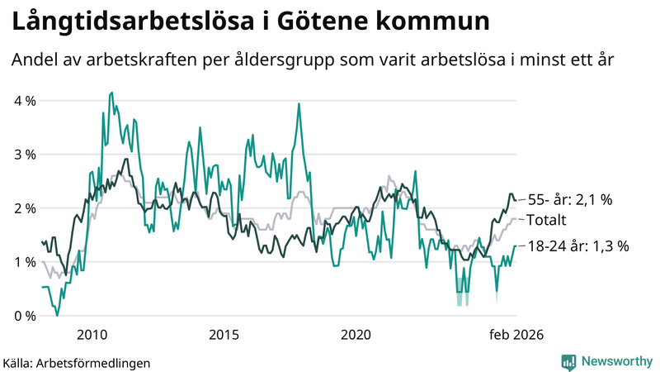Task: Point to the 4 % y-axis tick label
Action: coord(25,101)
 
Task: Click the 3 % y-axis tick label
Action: coord(25,155)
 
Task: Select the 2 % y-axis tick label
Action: coord(25,208)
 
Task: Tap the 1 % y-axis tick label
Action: coord(25,262)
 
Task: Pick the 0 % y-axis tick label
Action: coord(25,316)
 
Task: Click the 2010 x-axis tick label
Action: coord(92,335)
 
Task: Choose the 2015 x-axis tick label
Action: coord(224,335)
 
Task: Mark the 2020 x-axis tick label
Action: coord(356,335)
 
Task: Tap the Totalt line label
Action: coord(546,221)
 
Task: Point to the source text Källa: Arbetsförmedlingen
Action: coord(77,362)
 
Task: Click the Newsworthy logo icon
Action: coord(568,361)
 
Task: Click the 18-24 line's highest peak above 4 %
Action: coord(111,93)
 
